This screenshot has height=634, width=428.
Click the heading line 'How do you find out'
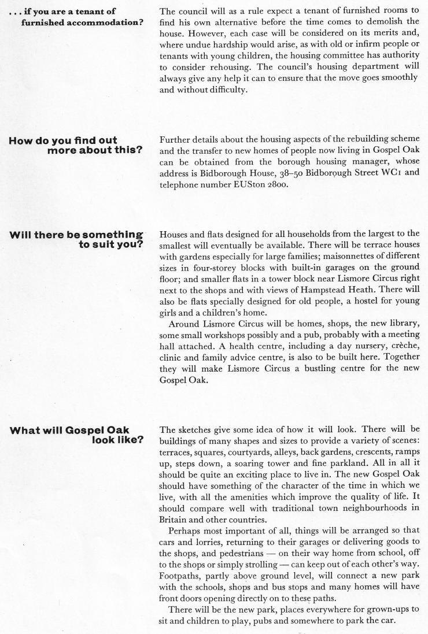pos(63,140)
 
